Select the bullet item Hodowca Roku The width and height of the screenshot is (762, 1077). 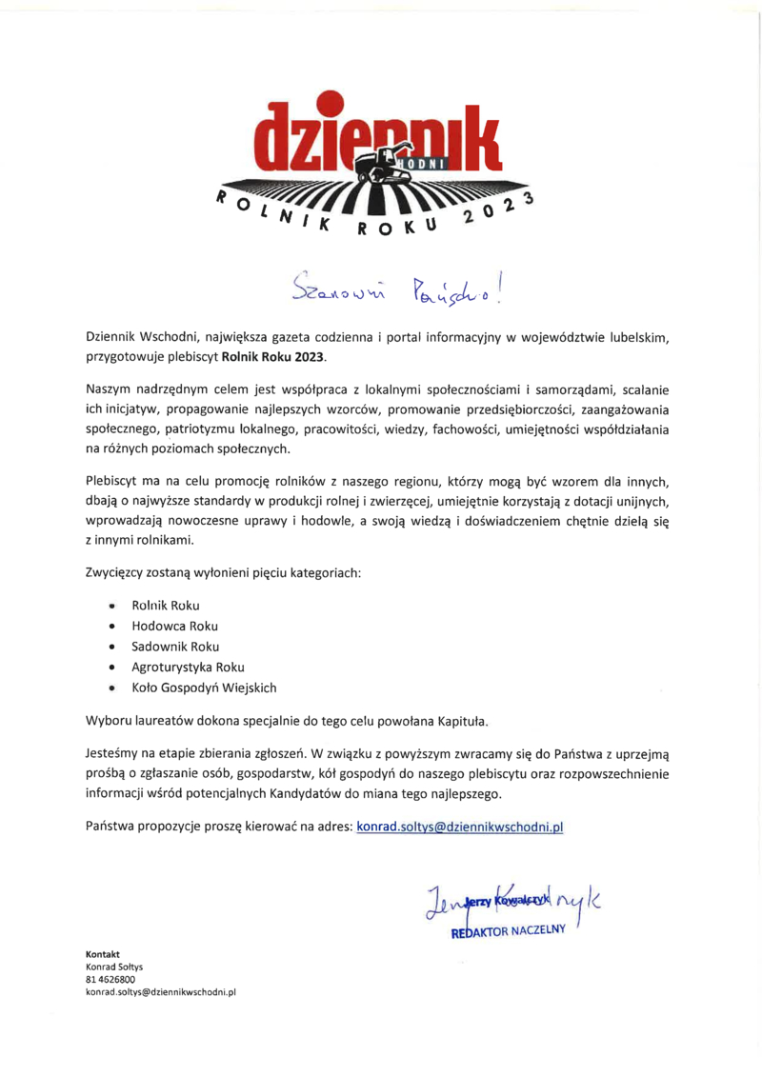click(174, 626)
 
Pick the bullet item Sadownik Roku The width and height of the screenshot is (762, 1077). click(175, 647)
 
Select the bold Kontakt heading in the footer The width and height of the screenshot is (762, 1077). click(103, 953)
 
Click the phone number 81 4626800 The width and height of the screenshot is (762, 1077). click(110, 978)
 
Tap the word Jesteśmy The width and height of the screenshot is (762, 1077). click(115, 752)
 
